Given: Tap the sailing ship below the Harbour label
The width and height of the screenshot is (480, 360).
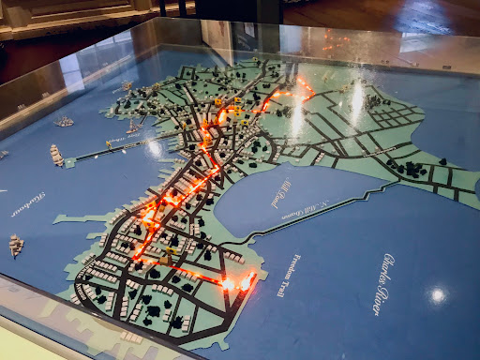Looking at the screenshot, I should coord(16,246).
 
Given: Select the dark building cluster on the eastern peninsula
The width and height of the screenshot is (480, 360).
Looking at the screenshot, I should coord(412,169).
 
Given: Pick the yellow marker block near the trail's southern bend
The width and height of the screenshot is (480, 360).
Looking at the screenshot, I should coord(172,251).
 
